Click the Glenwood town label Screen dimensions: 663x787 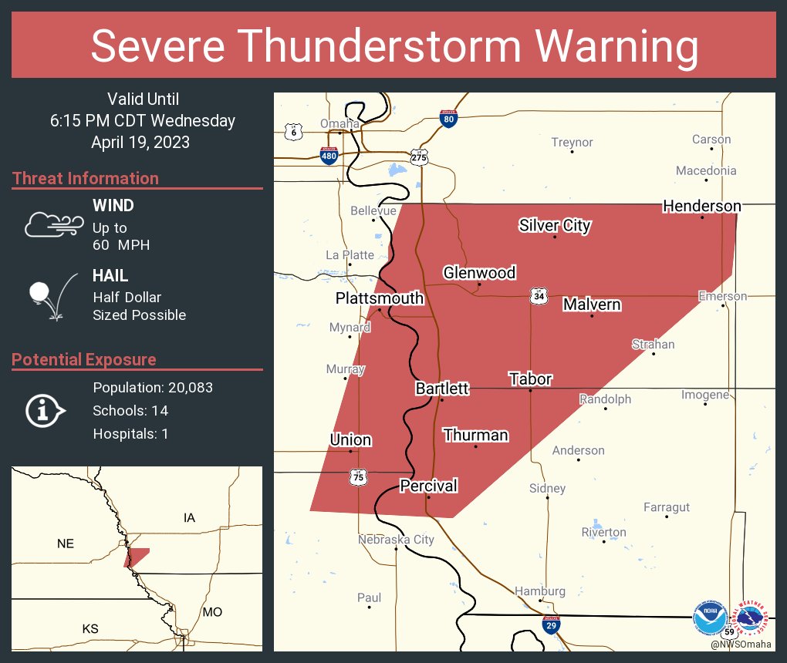coord(478,273)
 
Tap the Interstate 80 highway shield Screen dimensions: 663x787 coord(448,118)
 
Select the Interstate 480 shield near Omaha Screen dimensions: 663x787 coord(329,155)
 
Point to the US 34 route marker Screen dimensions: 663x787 coord(539,296)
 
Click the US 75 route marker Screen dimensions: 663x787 coord(358,478)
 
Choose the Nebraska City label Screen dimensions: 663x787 coord(396,540)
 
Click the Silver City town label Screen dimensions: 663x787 coord(554,225)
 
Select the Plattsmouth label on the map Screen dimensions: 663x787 coord(379,298)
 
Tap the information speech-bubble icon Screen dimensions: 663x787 coord(45,411)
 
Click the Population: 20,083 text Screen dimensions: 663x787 coord(153,387)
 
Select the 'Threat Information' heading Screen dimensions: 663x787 coord(86,178)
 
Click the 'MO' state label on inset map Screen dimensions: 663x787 coord(212,611)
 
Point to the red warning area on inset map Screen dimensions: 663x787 coord(137,557)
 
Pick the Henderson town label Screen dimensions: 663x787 coord(702,206)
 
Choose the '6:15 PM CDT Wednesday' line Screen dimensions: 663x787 coord(143,121)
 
